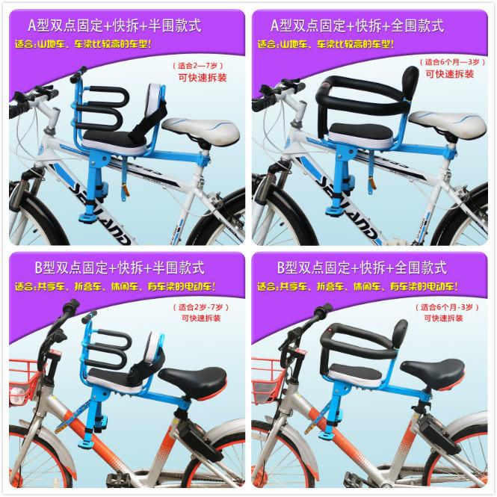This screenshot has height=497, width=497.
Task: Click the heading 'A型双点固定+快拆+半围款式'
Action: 114,25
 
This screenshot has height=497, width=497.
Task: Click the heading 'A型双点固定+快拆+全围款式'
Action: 357,25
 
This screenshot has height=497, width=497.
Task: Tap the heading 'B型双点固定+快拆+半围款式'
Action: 120,268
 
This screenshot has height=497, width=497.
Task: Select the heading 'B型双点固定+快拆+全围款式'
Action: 362,268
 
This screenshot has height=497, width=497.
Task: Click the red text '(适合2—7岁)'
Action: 198,66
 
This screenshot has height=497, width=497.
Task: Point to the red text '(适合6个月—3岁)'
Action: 452,62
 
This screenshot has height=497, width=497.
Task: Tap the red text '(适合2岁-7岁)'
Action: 200,307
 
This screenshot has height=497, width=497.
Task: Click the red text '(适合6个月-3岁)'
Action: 447,307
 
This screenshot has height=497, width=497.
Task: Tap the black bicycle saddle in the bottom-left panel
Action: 193,380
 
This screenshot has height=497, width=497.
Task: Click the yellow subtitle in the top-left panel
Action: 84,44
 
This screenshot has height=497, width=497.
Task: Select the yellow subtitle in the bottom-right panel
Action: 357,287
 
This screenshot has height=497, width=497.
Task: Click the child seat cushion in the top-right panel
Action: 359,133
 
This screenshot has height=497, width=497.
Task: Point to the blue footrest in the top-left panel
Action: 87,217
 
